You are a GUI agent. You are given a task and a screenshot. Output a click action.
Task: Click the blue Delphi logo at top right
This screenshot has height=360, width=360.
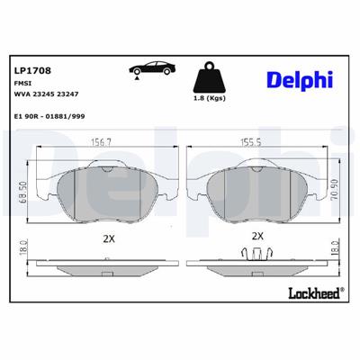click(x=293, y=81)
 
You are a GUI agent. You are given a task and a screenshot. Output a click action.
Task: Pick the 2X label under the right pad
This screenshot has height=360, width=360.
click(x=257, y=236)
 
